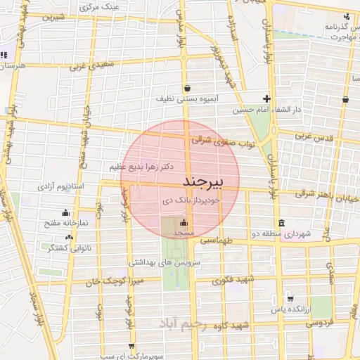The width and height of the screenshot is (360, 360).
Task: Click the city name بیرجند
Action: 202,181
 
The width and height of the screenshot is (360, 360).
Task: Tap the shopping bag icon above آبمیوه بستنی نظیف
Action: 188,89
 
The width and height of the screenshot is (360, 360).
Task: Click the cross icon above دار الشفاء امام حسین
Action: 266,98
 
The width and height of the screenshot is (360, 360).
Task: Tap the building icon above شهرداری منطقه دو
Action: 281,223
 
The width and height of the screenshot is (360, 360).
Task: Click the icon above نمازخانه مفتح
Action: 66,212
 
